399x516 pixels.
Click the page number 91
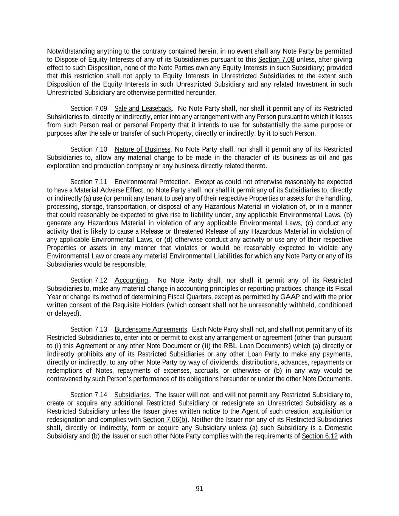coord(199,489)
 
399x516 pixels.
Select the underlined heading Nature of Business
coord(142,149)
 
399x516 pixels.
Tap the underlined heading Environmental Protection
coord(151,182)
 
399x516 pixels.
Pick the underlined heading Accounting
coord(131,280)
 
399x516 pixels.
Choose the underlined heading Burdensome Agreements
coord(151,329)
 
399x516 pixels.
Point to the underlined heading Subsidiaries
coord(132,395)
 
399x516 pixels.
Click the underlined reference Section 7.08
coord(276,59)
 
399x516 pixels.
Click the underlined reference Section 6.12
coord(320,436)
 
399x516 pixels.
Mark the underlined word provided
coord(339,68)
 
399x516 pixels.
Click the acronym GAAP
coord(290,297)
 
